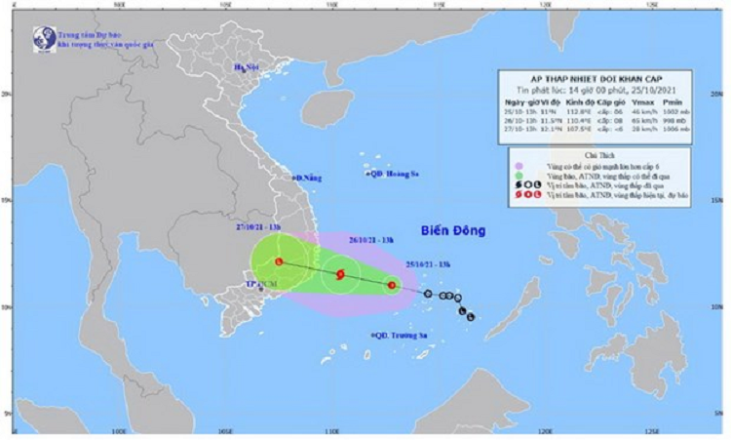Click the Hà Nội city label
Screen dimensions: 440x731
248,68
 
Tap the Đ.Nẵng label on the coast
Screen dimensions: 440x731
306,178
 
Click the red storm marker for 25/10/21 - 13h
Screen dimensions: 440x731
392,286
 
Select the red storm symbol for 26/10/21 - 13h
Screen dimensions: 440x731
340,275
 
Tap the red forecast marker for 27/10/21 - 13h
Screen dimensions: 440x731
279,261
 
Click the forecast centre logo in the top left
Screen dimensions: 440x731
44,38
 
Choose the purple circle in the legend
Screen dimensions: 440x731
522,167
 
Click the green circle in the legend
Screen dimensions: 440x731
522,177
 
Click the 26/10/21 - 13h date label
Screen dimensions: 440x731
371,236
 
